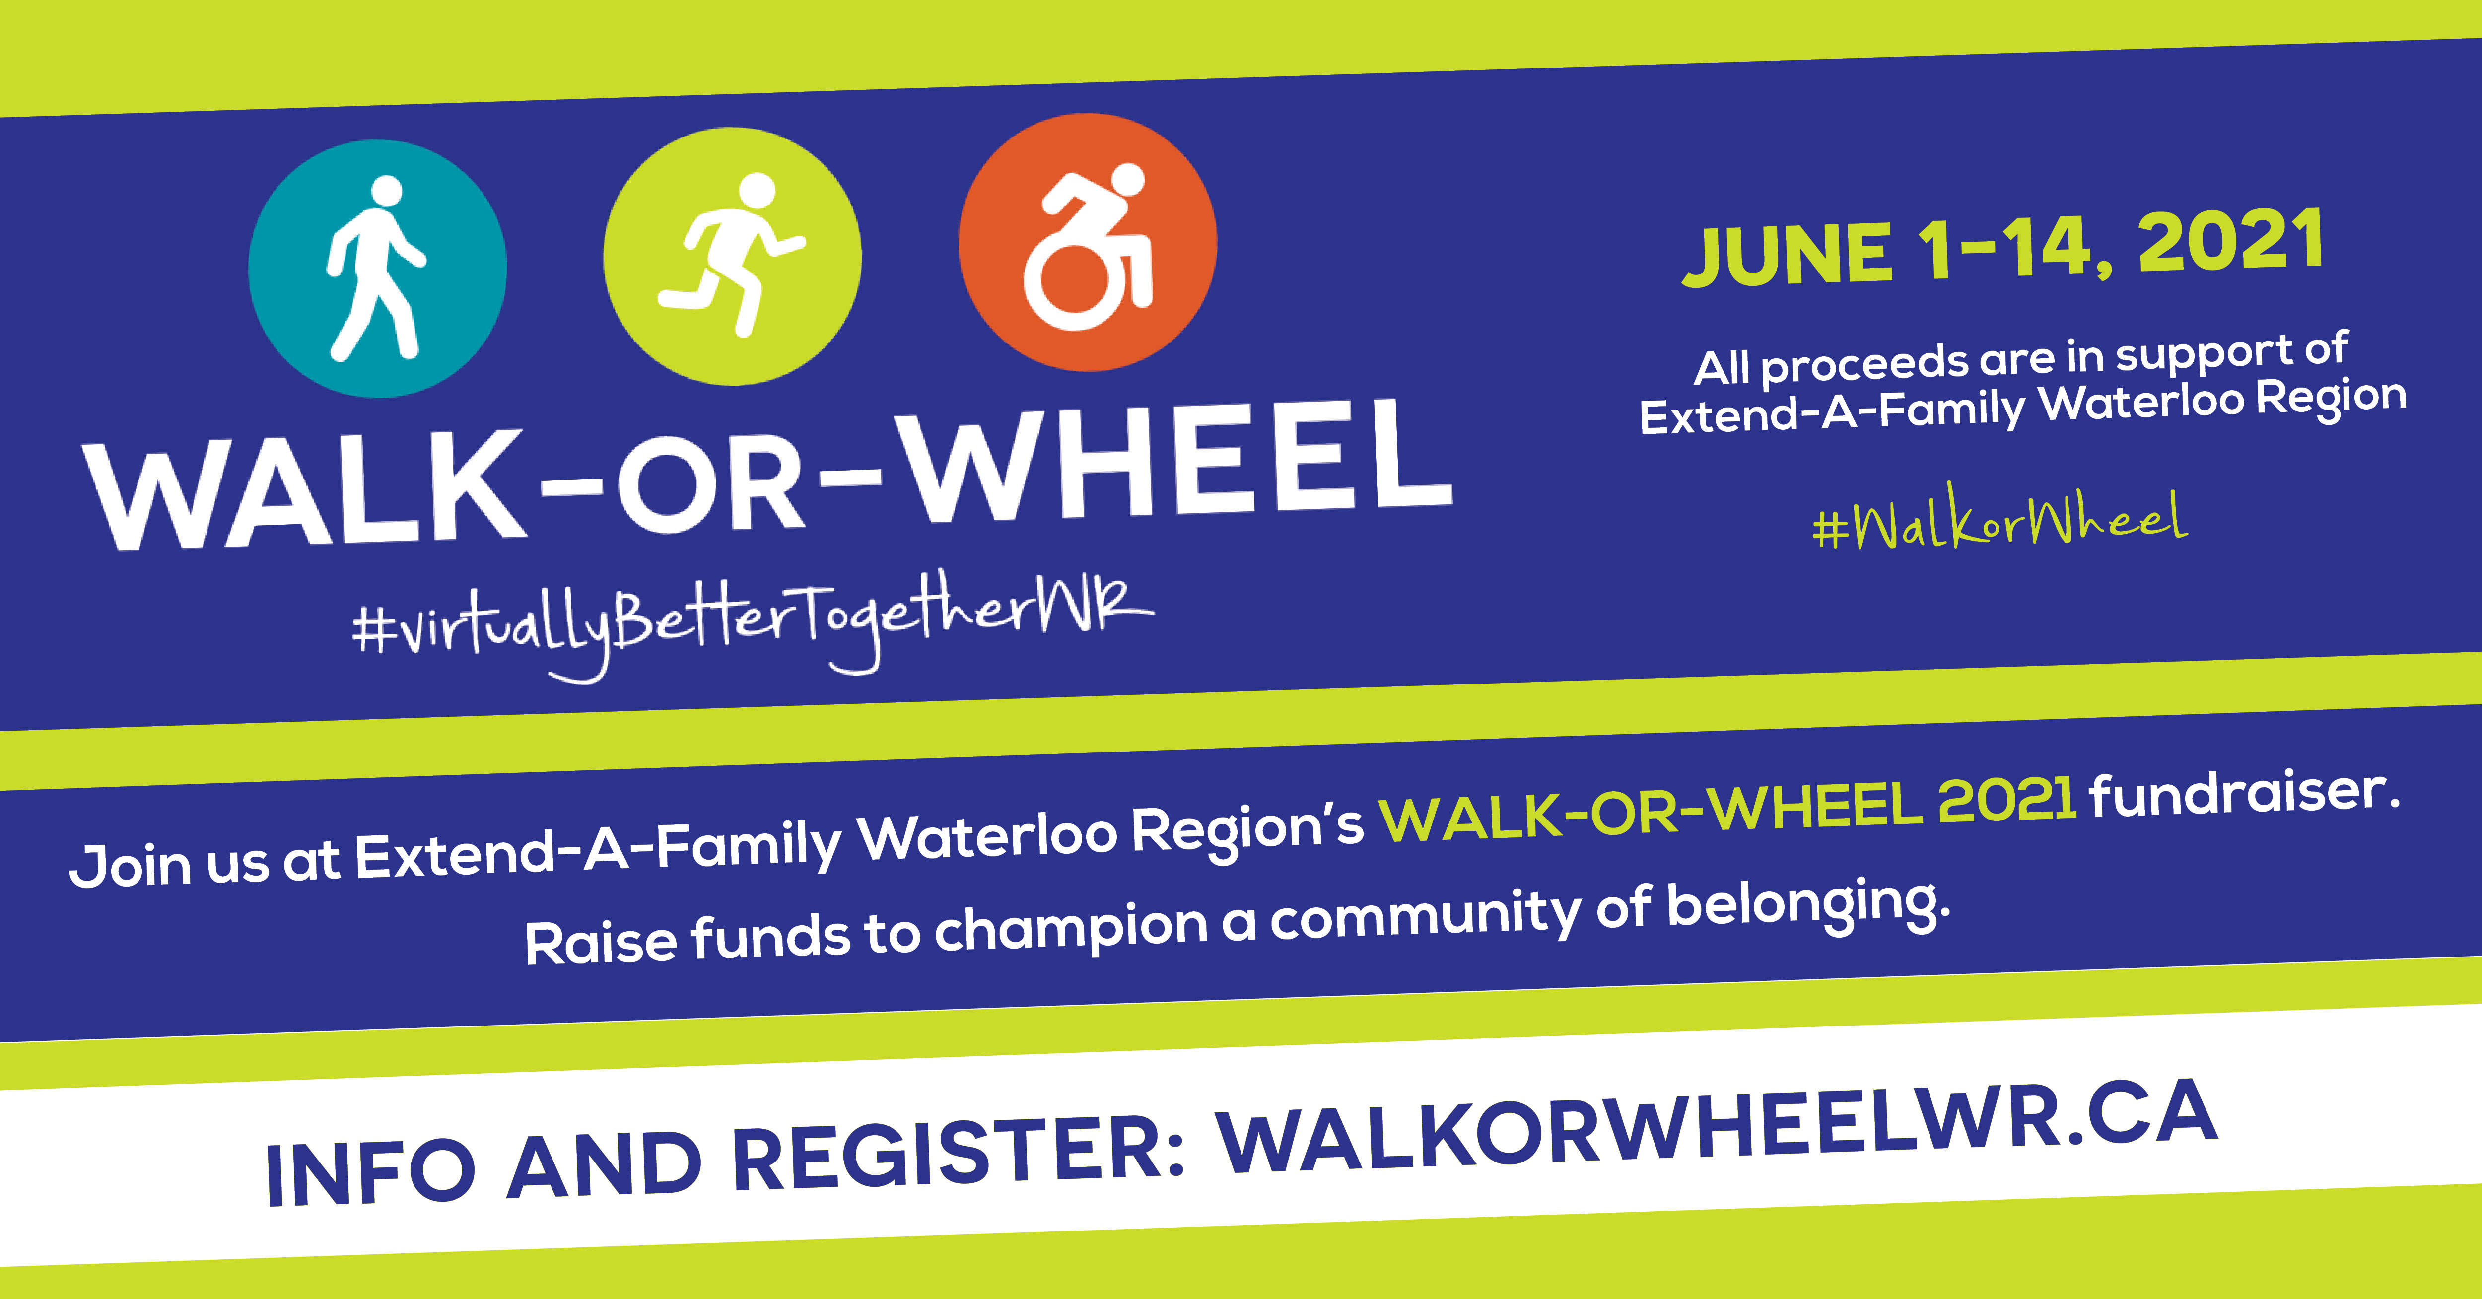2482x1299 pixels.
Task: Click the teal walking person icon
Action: point(378,269)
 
